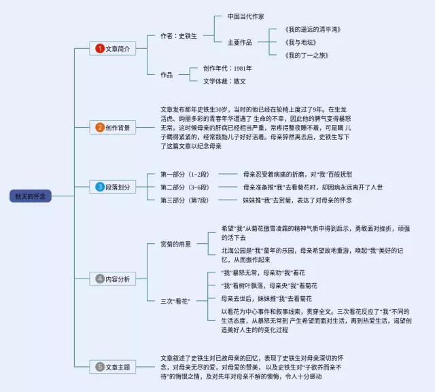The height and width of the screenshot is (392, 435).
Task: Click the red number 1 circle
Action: pos(99,49)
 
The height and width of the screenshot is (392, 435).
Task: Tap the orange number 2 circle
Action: pos(99,126)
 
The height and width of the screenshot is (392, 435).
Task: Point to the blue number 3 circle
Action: pos(99,187)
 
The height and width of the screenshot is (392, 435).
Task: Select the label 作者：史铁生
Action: pos(179,35)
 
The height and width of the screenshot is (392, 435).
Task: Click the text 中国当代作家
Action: pos(245,16)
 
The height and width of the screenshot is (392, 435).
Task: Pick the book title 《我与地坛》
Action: pos(302,42)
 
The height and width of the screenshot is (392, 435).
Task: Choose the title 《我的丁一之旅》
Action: pos(307,55)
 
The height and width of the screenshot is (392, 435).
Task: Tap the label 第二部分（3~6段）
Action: pos(184,187)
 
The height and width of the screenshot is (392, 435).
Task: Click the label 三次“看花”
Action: pos(175,300)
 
